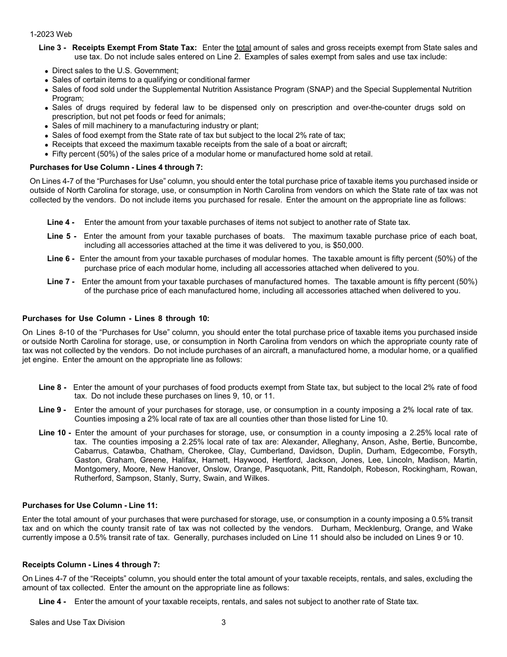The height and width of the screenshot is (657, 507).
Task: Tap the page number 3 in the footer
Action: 224,622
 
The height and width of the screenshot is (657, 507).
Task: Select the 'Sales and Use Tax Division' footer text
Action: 77,622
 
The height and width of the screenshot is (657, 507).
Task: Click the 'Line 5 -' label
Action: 62,236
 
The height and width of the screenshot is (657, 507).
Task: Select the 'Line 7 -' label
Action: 61,281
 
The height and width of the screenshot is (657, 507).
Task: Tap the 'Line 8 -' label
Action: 53,387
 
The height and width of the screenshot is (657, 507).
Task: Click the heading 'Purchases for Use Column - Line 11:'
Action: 90,505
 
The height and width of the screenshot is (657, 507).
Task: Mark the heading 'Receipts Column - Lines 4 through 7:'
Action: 91,565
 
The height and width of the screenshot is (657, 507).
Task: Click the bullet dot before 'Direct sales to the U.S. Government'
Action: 47,71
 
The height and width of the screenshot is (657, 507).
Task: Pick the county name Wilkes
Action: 257,478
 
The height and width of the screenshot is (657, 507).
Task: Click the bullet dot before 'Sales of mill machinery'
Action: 47,127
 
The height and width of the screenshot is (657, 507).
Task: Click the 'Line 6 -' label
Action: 61,259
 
